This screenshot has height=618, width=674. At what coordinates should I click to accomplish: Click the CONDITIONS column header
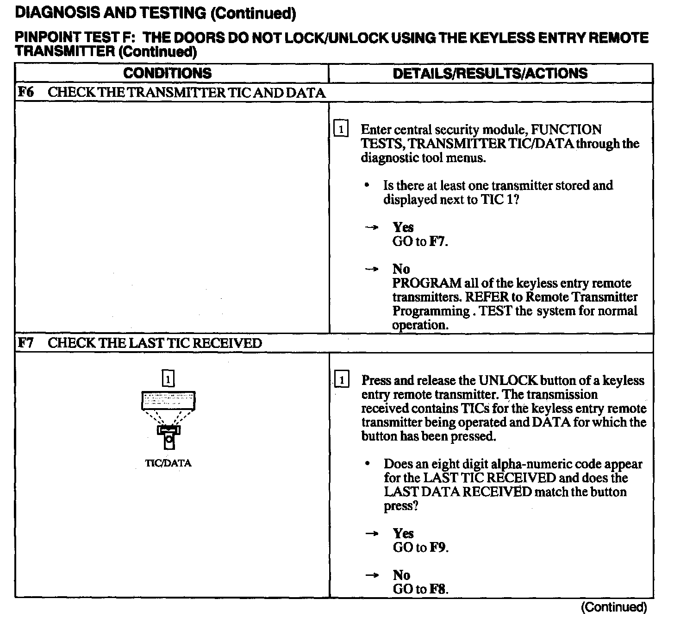point(167,73)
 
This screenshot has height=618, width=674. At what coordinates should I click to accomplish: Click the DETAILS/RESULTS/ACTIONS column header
point(490,73)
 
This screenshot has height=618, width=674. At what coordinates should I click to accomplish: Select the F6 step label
point(26,92)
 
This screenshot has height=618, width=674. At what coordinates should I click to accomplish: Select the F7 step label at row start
point(26,343)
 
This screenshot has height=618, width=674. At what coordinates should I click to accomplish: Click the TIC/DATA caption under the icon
point(168,463)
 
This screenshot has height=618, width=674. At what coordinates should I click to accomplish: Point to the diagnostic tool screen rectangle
point(168,400)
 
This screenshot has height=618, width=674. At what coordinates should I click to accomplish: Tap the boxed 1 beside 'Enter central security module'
point(341,129)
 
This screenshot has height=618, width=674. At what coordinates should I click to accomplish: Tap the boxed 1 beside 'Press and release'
point(342,380)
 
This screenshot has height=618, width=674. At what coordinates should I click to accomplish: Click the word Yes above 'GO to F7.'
point(403,227)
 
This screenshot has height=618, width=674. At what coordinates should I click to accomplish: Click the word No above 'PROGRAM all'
point(401,269)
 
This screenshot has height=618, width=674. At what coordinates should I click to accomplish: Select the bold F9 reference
point(438,548)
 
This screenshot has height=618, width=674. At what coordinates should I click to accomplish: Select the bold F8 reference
point(438,589)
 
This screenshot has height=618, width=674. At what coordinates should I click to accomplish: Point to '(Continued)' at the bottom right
point(613,607)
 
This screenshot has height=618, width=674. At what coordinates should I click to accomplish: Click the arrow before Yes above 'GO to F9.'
point(372,534)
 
